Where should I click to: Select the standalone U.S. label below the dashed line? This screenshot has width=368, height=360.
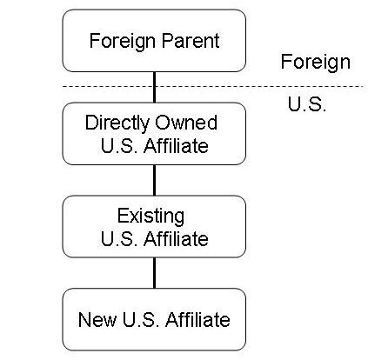[307, 103]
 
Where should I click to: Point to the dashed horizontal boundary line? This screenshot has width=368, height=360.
[214, 86]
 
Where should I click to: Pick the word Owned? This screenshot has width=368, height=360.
[186, 123]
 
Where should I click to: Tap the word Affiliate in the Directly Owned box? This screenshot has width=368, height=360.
[176, 145]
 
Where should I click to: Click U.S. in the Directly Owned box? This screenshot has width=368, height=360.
[119, 145]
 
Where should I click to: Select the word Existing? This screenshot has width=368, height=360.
[151, 217]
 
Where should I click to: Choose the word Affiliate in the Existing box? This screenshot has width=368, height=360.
[176, 238]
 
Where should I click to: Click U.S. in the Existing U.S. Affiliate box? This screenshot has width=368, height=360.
[119, 239]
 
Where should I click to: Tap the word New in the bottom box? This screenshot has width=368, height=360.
[97, 319]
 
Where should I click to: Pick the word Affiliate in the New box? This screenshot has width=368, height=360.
[197, 319]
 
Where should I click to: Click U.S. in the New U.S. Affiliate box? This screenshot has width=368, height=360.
[141, 319]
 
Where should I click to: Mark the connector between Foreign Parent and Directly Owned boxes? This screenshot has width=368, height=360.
[154, 87]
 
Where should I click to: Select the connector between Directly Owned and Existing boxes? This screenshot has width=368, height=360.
[154, 180]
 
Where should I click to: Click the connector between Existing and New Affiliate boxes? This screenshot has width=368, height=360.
[154, 273]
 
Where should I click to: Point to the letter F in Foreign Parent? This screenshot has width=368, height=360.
[94, 41]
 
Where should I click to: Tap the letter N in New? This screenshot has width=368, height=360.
[84, 319]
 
